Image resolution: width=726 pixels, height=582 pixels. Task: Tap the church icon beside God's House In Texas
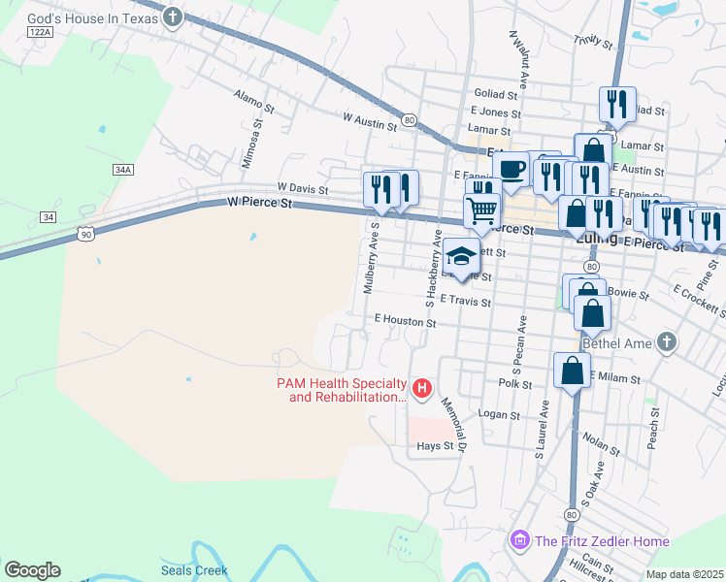click(x=173, y=16)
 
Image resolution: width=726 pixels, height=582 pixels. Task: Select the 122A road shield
click(x=40, y=32)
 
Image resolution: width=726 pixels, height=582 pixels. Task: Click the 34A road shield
click(x=122, y=169)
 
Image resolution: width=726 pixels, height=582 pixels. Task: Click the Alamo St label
click(x=254, y=99)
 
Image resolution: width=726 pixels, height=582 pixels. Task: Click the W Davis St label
click(x=302, y=186)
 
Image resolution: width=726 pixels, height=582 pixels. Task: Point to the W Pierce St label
click(x=259, y=203)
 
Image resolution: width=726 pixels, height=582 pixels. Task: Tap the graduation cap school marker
click(x=462, y=256)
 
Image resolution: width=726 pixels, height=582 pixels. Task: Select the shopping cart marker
click(x=481, y=209)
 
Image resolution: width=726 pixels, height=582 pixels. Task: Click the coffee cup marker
click(x=511, y=169)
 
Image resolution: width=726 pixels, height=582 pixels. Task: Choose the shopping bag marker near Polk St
click(x=572, y=369)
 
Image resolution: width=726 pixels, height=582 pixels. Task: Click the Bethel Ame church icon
click(x=665, y=342)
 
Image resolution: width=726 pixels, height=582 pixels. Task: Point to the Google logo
click(x=32, y=570)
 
